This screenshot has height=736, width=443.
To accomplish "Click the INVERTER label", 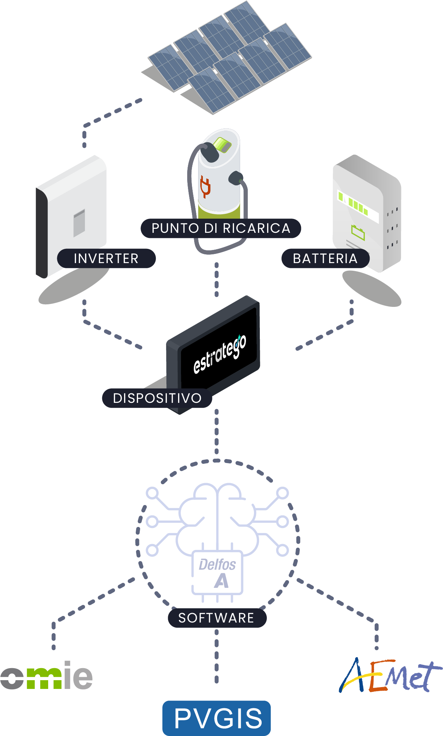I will click(x=106, y=258).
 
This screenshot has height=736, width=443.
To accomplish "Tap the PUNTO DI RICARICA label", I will click(x=221, y=228).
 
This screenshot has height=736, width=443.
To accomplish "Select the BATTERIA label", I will click(x=325, y=258).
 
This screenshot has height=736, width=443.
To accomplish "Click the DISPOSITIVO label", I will click(x=157, y=398).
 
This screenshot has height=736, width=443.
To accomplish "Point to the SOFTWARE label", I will click(x=217, y=618).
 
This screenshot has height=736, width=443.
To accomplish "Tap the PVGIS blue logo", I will click(x=217, y=718).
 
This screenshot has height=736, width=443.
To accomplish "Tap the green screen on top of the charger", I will click(x=222, y=144).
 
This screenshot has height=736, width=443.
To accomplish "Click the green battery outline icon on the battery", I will click(x=358, y=232).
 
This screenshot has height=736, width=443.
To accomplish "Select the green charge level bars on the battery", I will click(x=353, y=203).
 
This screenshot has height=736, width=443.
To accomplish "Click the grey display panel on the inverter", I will click(x=79, y=223).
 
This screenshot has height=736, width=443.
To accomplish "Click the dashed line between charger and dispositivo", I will click(x=217, y=280).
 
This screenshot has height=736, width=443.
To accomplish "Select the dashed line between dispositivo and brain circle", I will click(x=217, y=432).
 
